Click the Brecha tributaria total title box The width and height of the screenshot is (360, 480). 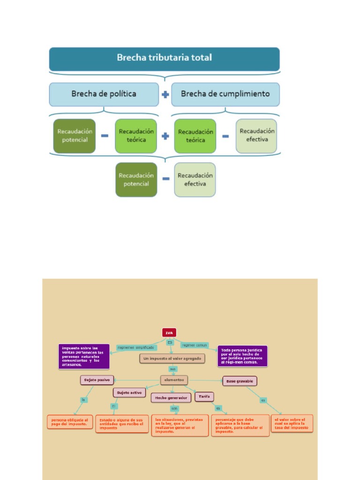click(x=165, y=59)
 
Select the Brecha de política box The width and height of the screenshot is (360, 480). click(x=104, y=94)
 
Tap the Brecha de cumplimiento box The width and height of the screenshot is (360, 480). click(x=225, y=94)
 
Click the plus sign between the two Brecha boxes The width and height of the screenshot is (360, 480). click(x=165, y=94)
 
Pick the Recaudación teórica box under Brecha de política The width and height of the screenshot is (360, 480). click(x=136, y=136)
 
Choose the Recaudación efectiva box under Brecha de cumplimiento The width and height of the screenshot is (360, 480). click(x=256, y=136)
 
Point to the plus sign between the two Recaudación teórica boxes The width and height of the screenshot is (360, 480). click(x=165, y=136)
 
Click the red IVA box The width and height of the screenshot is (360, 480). click(x=169, y=332)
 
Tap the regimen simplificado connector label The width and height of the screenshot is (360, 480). click(x=136, y=347)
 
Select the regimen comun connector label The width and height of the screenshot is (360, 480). click(x=194, y=345)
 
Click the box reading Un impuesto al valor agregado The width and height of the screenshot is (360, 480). click(x=172, y=359)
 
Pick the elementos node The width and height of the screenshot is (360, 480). click(x=174, y=380)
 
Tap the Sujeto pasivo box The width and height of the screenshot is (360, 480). click(x=97, y=380)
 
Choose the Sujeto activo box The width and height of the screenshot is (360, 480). click(x=130, y=392)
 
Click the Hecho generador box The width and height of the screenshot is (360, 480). click(x=171, y=397)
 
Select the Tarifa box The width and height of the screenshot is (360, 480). click(x=204, y=396)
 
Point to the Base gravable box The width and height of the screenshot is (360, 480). click(x=240, y=381)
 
